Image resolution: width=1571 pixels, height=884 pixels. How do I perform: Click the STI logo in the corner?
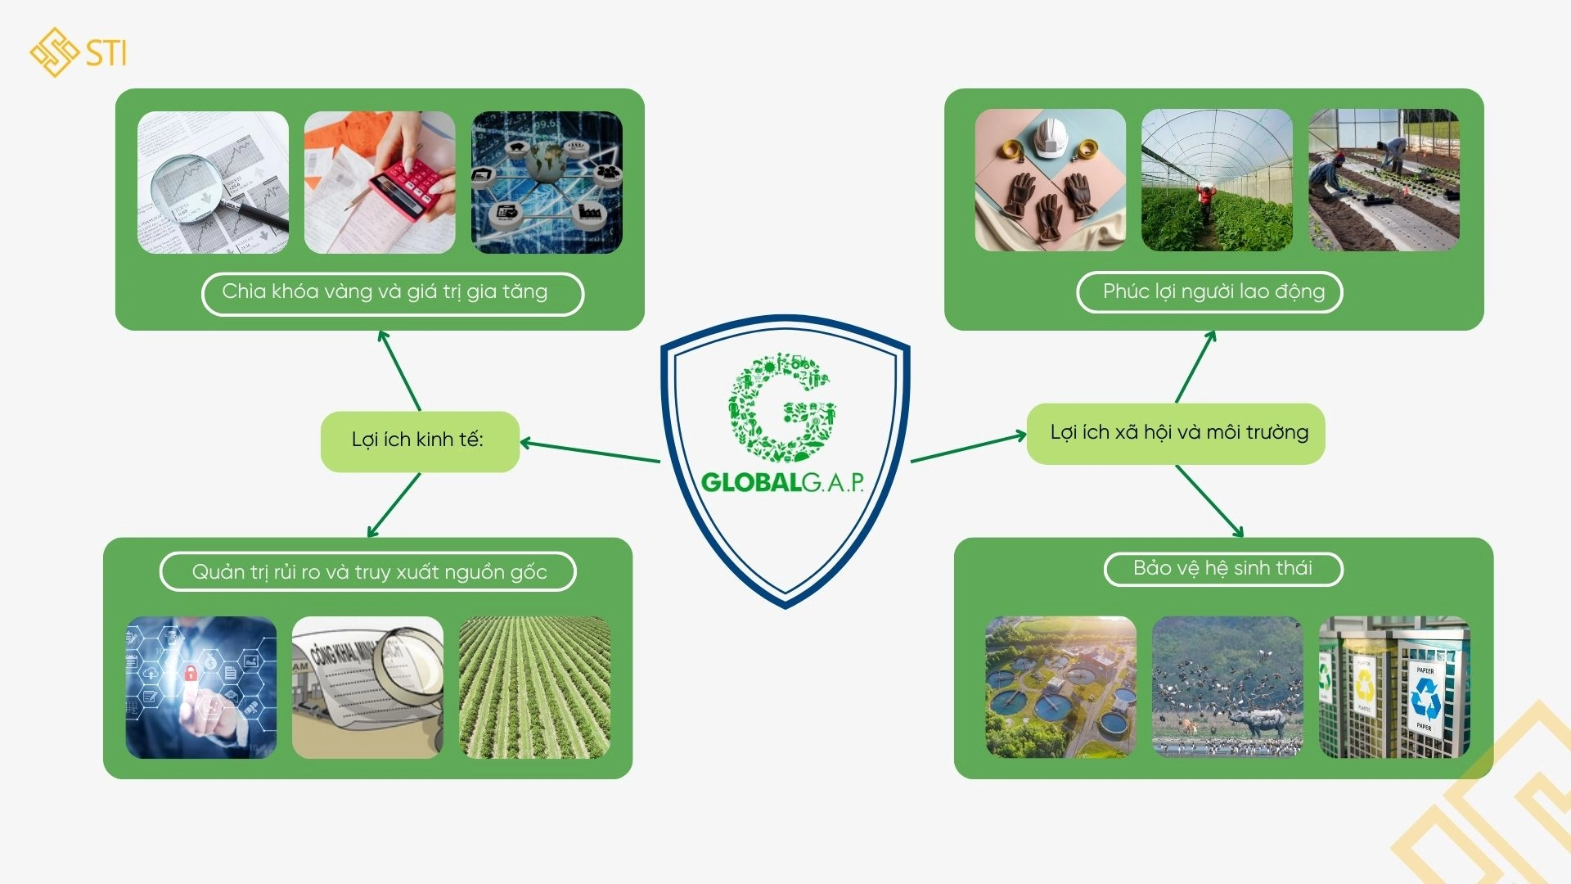[x=79, y=52]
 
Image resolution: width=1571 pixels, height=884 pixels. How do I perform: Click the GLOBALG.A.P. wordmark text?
[x=783, y=482]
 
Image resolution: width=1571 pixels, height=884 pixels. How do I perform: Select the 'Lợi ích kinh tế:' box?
[x=420, y=441]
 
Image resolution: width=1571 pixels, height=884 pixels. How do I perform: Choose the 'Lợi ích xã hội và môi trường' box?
[x=1176, y=434]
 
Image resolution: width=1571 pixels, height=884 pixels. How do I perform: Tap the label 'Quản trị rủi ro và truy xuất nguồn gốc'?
[x=368, y=571]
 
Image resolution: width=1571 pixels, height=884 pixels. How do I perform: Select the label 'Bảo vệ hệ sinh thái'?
[x=1223, y=569]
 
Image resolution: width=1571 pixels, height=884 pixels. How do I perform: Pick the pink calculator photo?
[x=380, y=182]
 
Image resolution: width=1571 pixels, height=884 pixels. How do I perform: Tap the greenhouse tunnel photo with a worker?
[x=1217, y=180]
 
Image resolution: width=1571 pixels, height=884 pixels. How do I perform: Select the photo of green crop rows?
[x=534, y=687]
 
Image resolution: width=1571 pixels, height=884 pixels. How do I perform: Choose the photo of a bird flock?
[x=1227, y=687]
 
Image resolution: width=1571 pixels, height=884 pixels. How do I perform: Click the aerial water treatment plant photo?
[x=1060, y=687]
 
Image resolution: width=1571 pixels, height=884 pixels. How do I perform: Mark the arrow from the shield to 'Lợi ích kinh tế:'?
[x=590, y=452]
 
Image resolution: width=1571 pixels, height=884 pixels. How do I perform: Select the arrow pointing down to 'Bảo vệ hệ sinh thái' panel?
[x=1209, y=501]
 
